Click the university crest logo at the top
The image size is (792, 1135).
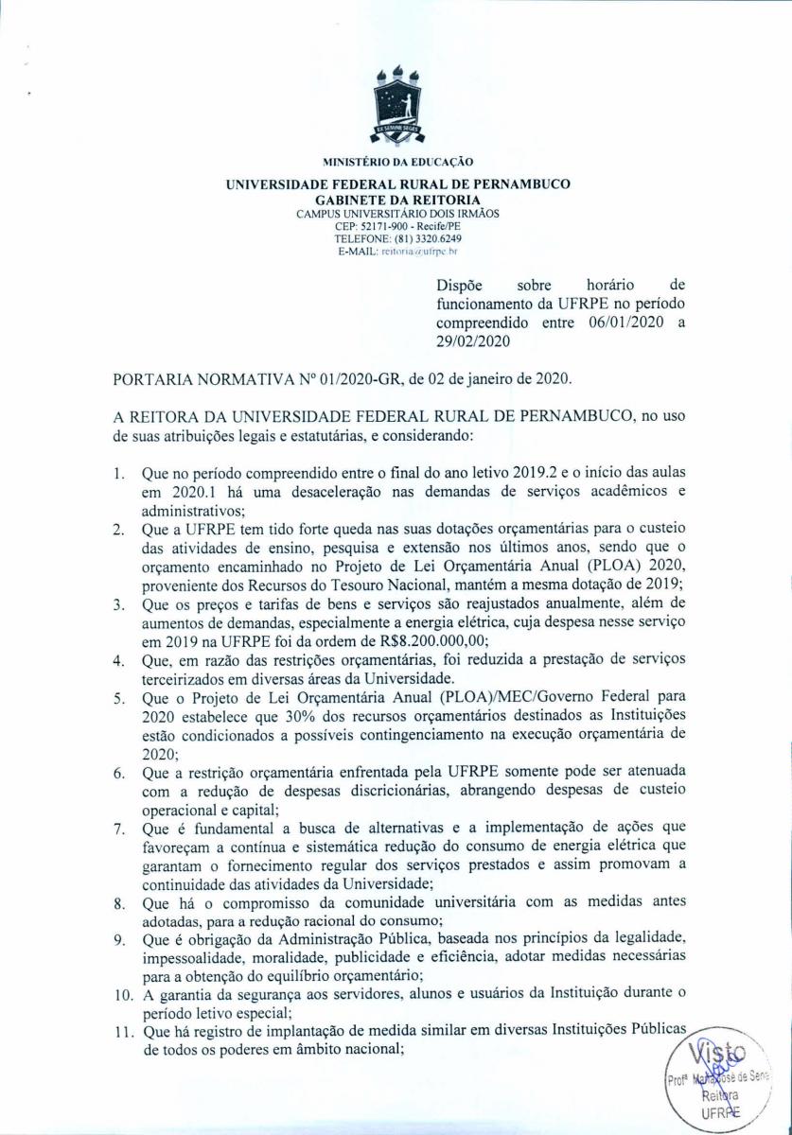click(396, 105)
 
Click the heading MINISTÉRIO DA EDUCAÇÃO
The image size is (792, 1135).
click(396, 162)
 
